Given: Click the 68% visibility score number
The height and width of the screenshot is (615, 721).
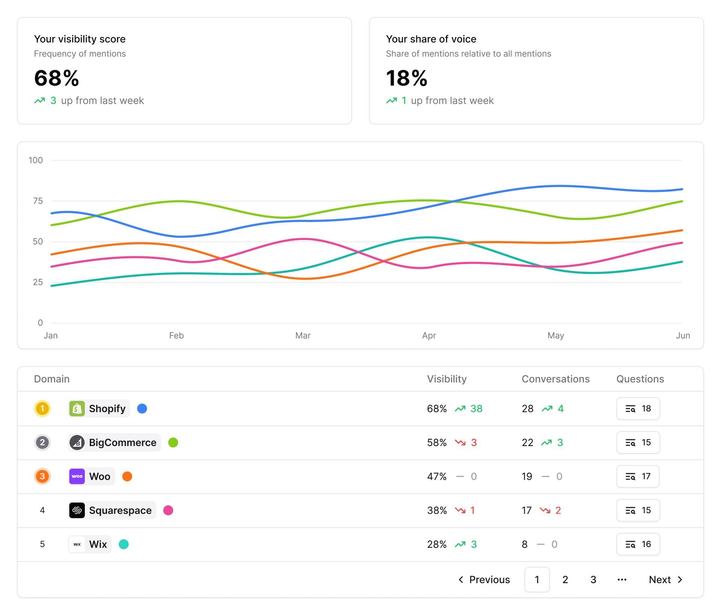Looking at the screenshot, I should tap(57, 78).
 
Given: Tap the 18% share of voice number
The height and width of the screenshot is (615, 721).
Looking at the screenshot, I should tap(407, 78).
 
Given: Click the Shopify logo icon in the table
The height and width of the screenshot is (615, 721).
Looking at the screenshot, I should tap(77, 408).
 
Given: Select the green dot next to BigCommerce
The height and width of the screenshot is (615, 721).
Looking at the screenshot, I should tap(173, 443).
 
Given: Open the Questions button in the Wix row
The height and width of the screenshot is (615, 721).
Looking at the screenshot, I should tap(638, 544).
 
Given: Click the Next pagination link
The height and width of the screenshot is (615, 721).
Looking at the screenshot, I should tap(665, 580).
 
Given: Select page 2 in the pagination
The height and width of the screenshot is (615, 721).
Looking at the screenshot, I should tap(565, 580).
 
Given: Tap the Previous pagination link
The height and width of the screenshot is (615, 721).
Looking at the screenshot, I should tap(484, 580).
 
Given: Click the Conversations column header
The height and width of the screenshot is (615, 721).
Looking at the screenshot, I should tap(555, 379).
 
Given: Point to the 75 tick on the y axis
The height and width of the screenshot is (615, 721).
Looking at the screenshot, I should tap(38, 201).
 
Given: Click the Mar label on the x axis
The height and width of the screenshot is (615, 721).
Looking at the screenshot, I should tap(303, 335).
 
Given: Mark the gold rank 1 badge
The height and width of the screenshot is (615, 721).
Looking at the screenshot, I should tap(42, 408).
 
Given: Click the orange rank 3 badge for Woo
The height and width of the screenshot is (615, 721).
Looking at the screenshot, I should tap(42, 476).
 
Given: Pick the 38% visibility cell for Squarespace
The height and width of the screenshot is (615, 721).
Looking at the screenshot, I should tap(437, 510).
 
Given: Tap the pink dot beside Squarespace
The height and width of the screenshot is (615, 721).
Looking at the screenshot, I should tap(168, 510).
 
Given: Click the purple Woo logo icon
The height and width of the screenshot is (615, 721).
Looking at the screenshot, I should tap(77, 476).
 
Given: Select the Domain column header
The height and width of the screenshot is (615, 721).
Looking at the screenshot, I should tap(52, 379).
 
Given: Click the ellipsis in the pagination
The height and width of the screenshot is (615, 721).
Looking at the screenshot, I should tap(622, 580).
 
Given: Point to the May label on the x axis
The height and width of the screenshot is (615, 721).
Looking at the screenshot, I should tap(555, 335).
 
